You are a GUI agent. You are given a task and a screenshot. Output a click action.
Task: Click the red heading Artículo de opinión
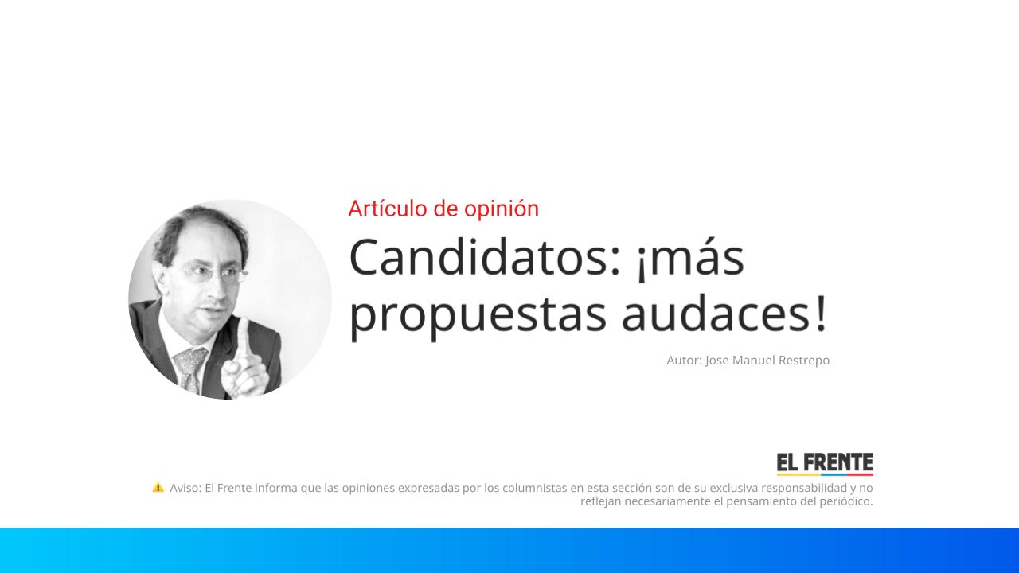click(443, 209)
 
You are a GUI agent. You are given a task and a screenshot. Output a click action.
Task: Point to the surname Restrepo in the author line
click(799, 361)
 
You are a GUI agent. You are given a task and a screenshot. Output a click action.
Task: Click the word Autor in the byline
click(683, 361)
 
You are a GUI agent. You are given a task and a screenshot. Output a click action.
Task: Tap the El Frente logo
click(825, 464)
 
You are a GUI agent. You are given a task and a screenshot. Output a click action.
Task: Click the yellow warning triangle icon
click(158, 487)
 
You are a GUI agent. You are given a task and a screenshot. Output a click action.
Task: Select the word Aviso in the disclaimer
click(185, 488)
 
